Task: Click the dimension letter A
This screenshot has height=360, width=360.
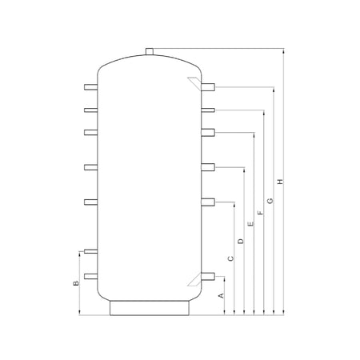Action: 221,295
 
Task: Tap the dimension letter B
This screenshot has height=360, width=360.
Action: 76,283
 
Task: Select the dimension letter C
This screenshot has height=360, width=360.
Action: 231,258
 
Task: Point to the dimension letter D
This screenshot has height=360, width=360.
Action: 241,241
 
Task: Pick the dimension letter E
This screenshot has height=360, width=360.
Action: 250,224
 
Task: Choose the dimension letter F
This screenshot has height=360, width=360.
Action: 261,213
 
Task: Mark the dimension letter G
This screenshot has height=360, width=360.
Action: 270,201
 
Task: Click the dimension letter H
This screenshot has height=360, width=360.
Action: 280,182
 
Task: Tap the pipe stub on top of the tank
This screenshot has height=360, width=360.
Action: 150,51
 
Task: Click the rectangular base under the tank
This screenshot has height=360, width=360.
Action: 150,308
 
